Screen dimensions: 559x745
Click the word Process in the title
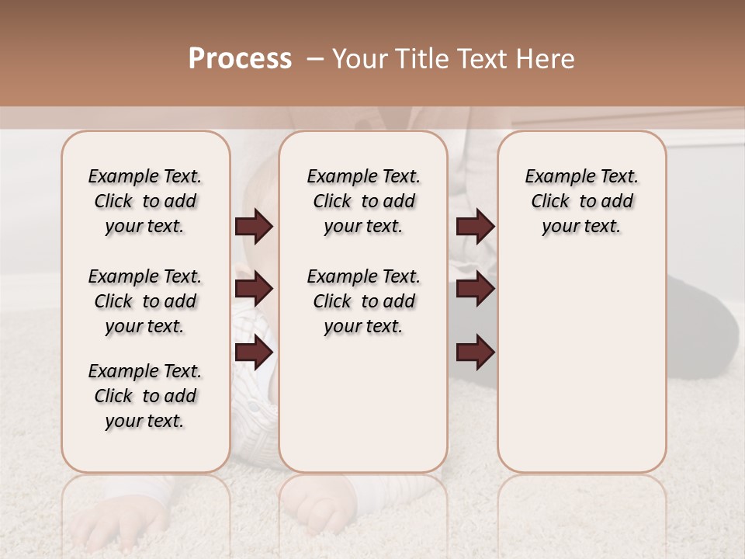coord(240,59)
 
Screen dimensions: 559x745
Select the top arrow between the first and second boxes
coord(254,227)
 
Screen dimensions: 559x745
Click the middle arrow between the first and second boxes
coord(254,290)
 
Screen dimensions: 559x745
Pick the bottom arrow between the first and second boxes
coord(254,352)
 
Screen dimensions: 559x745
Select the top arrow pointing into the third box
coord(475,227)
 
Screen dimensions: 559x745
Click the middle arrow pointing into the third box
coord(475,290)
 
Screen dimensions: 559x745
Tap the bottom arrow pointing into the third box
coord(475,352)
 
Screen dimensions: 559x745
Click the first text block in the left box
coord(145,201)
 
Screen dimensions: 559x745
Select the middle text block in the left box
coord(145,301)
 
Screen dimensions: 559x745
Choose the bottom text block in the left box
coord(145,396)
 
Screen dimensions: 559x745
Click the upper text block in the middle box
coord(363,201)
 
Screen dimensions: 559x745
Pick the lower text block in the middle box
coord(363,301)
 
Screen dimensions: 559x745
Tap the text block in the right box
coord(581,201)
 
